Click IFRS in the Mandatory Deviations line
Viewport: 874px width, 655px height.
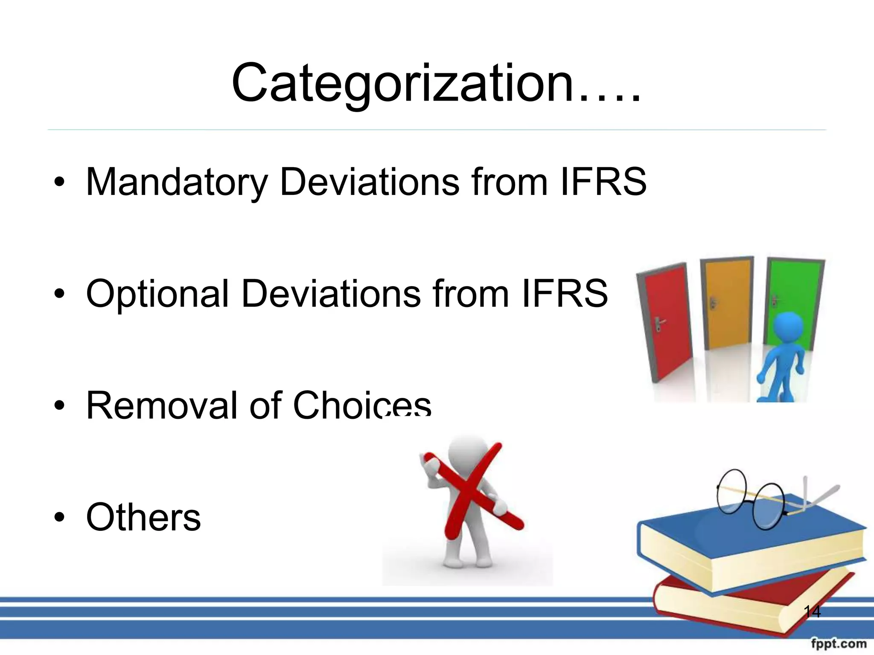coord(603,182)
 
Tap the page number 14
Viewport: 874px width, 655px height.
coord(812,612)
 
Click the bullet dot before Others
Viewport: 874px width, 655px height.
coord(59,517)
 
